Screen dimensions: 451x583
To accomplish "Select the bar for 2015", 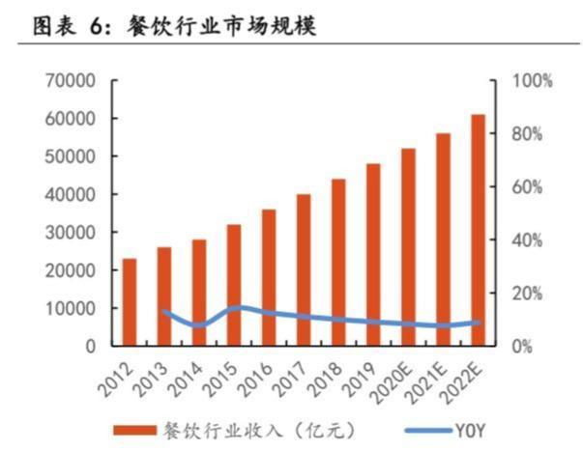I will (234, 284).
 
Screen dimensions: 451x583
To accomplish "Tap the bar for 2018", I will (338, 262).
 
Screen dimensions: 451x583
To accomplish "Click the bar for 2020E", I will (408, 246).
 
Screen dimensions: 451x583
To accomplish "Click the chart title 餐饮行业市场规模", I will (221, 26).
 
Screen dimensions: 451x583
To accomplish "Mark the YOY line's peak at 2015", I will (234, 307).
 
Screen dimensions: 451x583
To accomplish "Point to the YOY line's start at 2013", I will (164, 311).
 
